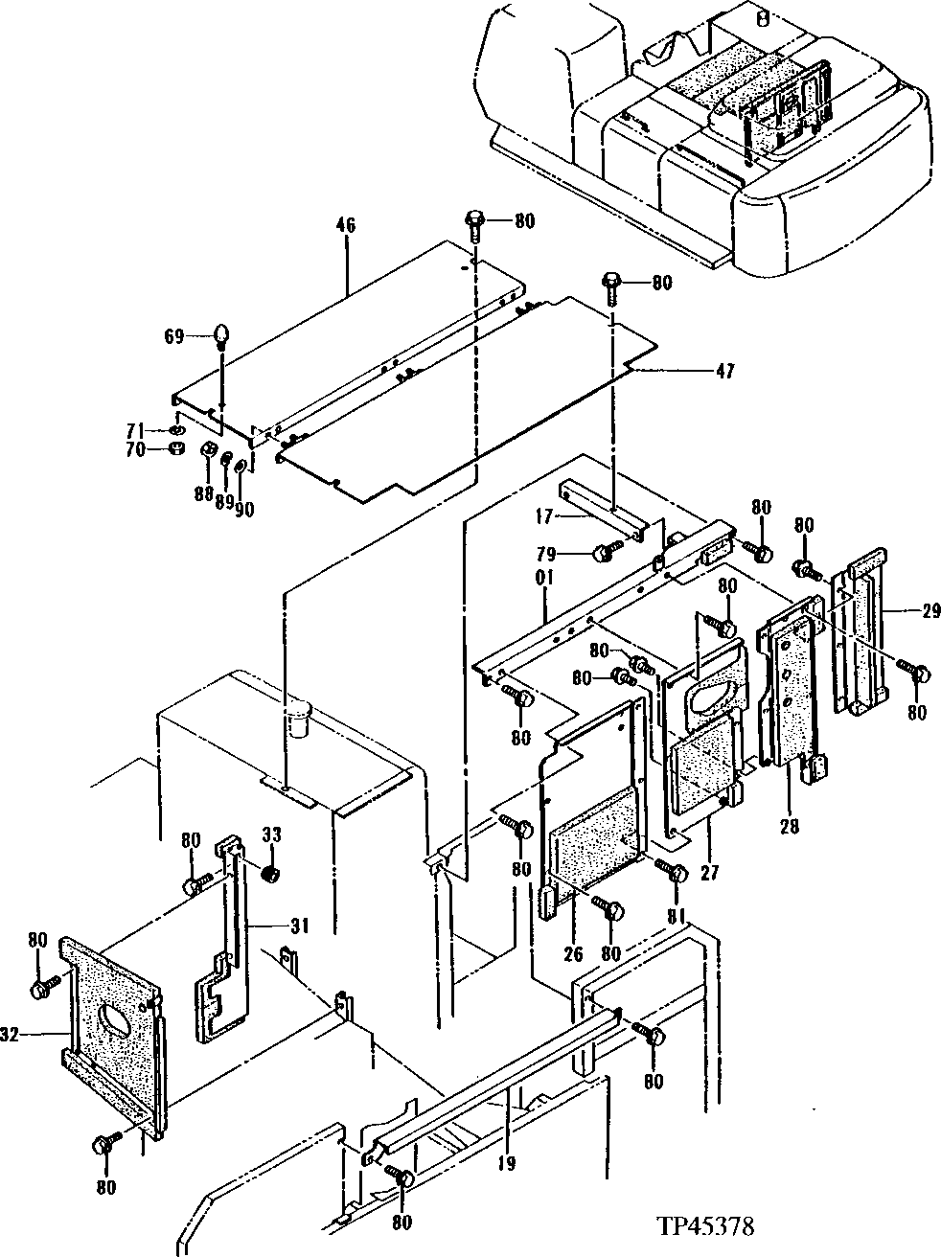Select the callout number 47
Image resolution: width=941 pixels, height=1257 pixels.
tap(724, 371)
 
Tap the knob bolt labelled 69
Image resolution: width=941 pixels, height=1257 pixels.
tap(222, 335)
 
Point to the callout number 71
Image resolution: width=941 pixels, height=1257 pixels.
tap(137, 429)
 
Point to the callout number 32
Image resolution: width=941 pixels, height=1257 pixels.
tap(11, 1034)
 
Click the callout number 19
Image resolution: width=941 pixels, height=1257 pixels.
tap(507, 1164)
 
